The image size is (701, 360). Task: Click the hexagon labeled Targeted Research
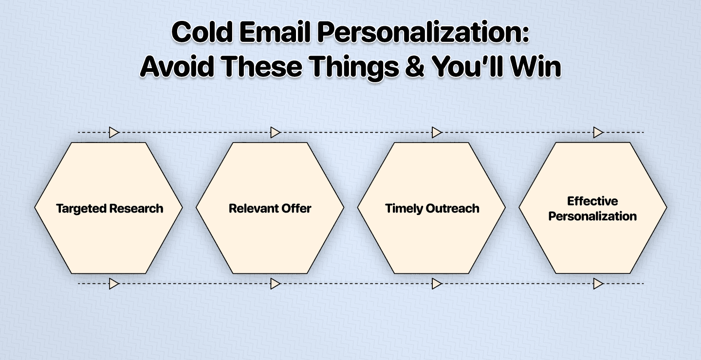point(109,208)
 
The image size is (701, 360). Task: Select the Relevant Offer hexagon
point(270,208)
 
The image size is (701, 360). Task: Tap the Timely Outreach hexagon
point(432,208)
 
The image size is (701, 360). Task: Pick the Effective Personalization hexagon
point(593,208)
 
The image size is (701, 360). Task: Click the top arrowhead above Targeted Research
point(114,132)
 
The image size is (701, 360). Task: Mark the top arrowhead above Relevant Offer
point(276,132)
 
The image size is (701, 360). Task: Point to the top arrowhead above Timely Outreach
point(437,132)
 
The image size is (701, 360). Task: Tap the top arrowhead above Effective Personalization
point(598,132)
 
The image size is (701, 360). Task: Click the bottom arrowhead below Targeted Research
point(114,284)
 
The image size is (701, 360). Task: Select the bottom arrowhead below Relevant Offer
point(276,284)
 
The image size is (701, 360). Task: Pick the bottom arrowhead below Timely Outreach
point(437,284)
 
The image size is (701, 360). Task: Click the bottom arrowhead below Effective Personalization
point(598,284)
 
